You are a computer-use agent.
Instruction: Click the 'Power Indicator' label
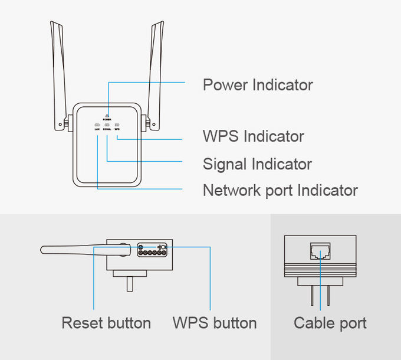tap(257, 85)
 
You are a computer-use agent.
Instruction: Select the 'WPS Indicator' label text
tap(253, 136)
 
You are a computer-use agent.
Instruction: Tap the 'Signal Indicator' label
tap(257, 163)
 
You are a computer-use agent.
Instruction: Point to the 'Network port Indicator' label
tap(280, 191)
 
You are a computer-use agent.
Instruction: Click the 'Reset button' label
tap(106, 323)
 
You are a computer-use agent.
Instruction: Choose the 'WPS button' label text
tap(215, 323)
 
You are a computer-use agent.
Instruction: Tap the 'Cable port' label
tap(330, 323)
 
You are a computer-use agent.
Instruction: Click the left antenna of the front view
tap(58, 71)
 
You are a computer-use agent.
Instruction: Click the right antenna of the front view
tap(156, 71)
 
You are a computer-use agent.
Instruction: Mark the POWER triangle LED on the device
tap(107, 114)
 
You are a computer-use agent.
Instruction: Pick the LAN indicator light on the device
tap(97, 125)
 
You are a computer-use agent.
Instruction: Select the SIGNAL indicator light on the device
tap(107, 125)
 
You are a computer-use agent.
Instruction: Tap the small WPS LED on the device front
tap(117, 125)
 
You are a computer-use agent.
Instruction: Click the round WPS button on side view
tap(164, 247)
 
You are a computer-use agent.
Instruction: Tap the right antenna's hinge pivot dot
tap(153, 125)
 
